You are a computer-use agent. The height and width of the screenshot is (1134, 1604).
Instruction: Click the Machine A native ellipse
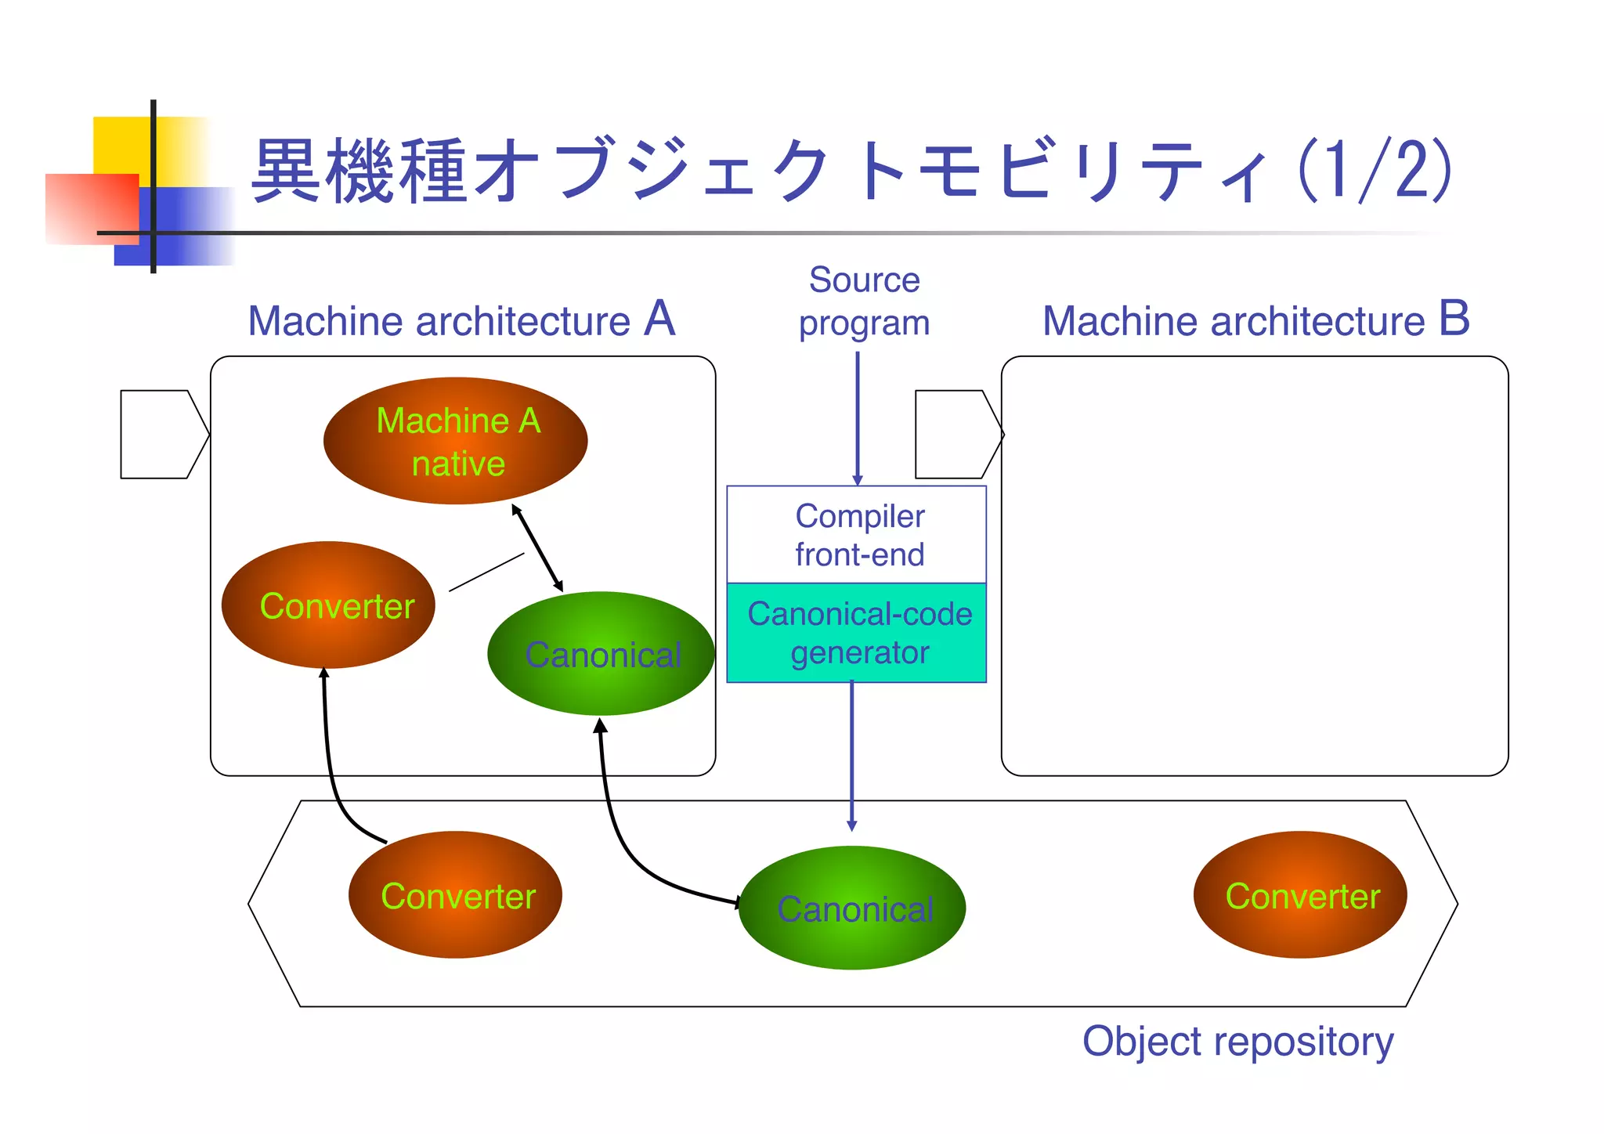[x=455, y=441]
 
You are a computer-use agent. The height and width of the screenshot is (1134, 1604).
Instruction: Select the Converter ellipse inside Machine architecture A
[x=328, y=605]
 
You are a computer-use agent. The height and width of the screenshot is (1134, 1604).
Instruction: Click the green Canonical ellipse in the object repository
[x=852, y=908]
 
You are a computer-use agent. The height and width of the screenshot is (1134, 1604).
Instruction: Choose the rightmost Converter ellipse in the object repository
[x=1300, y=894]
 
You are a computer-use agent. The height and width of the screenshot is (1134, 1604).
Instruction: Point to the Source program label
[x=864, y=302]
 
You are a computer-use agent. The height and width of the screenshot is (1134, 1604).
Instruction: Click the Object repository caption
[x=1237, y=1042]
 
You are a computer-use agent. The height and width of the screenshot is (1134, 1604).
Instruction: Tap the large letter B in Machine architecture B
[x=1454, y=319]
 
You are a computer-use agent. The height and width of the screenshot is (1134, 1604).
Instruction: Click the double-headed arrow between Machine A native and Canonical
[x=537, y=547]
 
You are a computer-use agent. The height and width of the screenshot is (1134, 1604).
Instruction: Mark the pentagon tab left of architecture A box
[x=161, y=434]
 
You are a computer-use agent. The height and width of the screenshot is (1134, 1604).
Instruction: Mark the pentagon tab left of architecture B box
[x=956, y=434]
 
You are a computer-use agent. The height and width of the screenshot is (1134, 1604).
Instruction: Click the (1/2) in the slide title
[x=1375, y=171]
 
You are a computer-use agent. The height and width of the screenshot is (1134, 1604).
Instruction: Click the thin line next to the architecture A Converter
[x=486, y=572]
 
